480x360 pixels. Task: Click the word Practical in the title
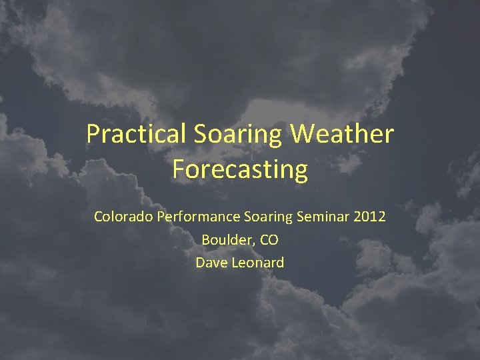(137, 134)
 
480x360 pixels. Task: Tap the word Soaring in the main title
(238, 134)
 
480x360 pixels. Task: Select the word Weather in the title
(343, 134)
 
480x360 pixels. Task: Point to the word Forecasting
(240, 169)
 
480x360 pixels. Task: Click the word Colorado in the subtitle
(123, 217)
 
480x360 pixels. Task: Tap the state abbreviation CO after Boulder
(269, 240)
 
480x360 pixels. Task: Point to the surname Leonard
(258, 263)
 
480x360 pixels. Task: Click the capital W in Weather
(303, 134)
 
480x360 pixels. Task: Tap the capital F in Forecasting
(177, 169)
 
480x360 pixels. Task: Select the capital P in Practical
(93, 134)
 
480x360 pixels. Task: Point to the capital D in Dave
(200, 263)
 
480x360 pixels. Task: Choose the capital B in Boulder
(205, 240)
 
